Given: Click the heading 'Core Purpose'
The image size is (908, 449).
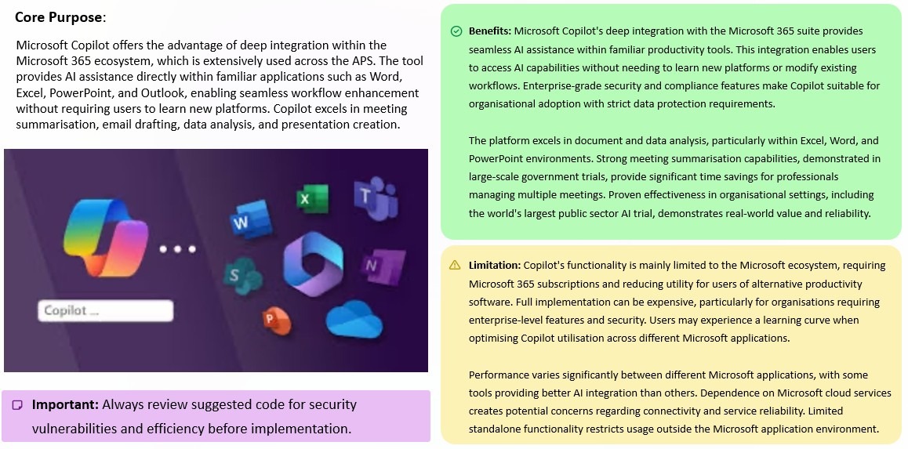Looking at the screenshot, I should pos(58,17).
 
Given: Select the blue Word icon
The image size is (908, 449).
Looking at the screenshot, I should pos(244,222).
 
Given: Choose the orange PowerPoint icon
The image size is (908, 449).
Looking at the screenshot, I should pos(275,317).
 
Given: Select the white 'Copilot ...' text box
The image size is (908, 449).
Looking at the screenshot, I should pos(105,310).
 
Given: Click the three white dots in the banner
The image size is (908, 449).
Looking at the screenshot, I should pos(177,249).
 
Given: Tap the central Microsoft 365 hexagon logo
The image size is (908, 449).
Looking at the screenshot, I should pos(311,264).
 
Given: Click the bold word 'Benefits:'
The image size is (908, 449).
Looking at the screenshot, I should pos(490,31).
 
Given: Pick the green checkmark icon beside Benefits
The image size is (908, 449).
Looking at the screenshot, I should pos(456,31).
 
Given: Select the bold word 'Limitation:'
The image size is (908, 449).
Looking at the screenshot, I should pos(495,266).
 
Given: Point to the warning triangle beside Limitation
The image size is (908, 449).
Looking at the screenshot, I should pos(455,266).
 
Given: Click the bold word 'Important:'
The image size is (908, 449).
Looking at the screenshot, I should pos(65,405).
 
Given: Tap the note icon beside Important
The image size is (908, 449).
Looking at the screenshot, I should pos(17,405).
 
